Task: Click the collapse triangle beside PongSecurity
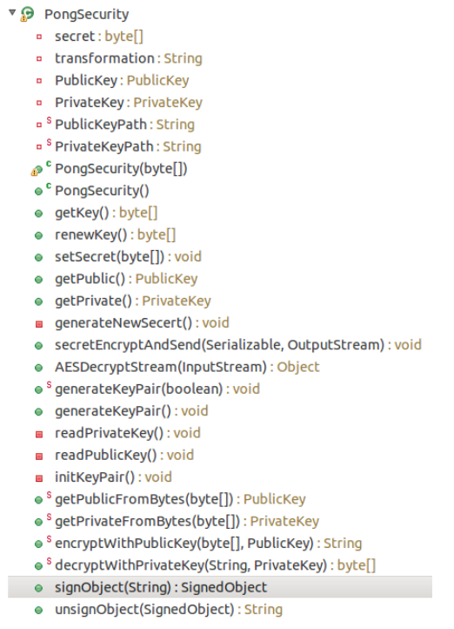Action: point(12,13)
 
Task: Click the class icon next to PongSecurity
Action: point(27,14)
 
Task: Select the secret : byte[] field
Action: point(99,37)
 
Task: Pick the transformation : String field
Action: point(129,58)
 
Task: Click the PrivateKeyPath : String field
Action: point(128,147)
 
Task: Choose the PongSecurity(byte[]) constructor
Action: point(121,169)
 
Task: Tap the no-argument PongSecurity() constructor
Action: point(102,191)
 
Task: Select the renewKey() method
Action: point(116,235)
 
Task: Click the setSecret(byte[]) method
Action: point(128,257)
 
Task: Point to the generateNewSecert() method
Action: point(142,323)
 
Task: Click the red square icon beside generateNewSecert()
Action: point(39,324)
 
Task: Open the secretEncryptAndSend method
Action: point(237,345)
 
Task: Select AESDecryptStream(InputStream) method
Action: point(187,367)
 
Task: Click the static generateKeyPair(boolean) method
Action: point(157,389)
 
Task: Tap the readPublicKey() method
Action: point(124,456)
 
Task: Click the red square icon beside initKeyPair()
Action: point(39,478)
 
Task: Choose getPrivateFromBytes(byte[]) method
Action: point(187,522)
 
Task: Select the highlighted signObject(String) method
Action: point(161,588)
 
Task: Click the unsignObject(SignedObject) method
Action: point(169,610)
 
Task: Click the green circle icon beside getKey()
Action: point(39,213)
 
